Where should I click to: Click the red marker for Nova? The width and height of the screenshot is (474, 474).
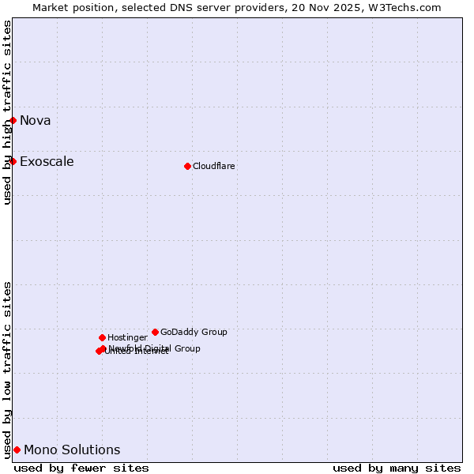pos(13,120)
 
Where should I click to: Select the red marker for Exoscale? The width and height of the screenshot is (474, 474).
pos(13,161)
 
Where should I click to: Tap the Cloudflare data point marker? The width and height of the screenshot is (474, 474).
pos(187,166)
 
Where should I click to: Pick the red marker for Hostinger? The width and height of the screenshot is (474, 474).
pos(102,337)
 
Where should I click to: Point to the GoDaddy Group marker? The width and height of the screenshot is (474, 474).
pos(155,332)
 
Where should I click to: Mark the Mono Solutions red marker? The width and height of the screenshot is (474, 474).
pos(17,450)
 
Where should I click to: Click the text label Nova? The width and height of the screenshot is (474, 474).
pos(36,121)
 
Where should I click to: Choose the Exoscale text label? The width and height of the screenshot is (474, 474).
pos(47,162)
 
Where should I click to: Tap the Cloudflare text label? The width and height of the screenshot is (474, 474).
pos(214,167)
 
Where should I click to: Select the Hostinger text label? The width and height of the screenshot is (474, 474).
pos(127,338)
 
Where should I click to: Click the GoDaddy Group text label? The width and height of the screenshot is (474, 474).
pos(194,333)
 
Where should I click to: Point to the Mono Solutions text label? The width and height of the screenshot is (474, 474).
pos(72,450)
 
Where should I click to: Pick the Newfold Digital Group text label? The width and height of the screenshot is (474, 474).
pos(155,348)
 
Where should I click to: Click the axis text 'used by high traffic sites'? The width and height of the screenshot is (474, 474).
pos(8,112)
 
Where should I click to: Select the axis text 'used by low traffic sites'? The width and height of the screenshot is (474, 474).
pos(8,370)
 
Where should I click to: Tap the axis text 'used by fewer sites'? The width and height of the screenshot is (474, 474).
pos(81,468)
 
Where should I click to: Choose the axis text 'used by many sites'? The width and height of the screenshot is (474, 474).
pos(397,468)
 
